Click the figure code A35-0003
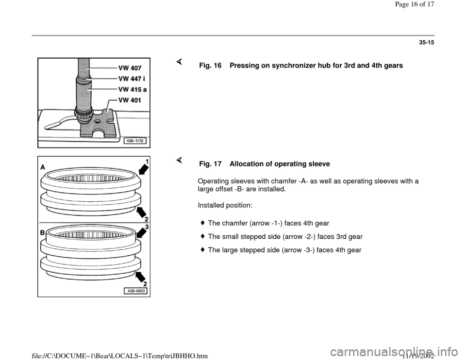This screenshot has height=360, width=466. point(135,290)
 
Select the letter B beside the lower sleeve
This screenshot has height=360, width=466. point(43,233)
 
